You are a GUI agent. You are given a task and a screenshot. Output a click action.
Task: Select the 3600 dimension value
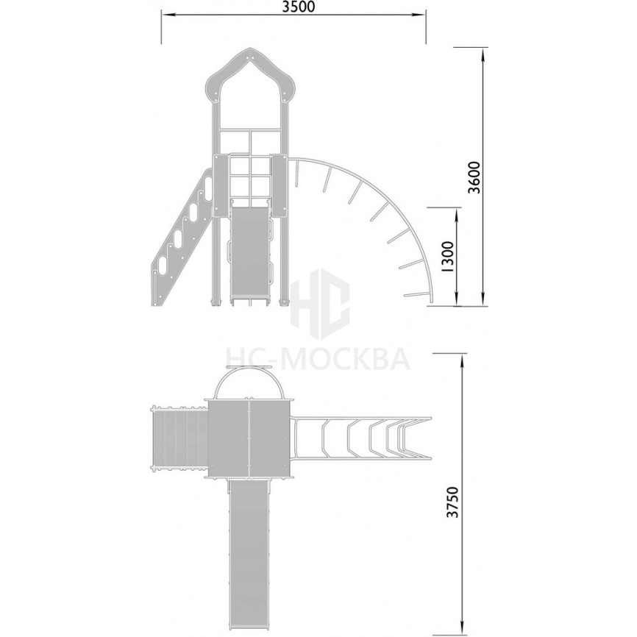(x=474, y=177)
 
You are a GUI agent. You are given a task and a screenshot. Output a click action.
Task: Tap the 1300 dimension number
(x=447, y=256)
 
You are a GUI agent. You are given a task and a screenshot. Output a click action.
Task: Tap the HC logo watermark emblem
(x=320, y=303)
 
